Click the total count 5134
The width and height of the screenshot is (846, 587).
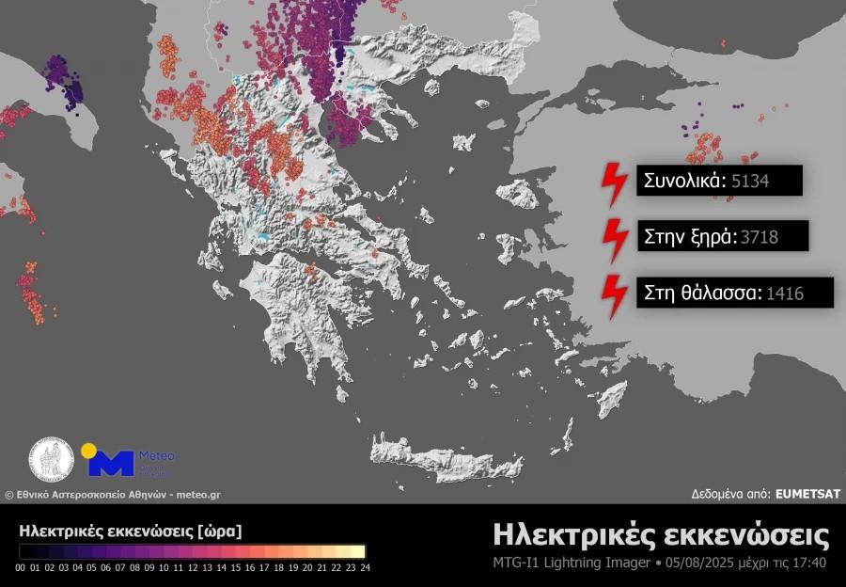click(750, 182)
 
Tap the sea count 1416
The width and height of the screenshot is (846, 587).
click(785, 293)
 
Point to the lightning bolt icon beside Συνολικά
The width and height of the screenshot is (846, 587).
click(614, 184)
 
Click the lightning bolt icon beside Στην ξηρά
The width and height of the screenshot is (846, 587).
click(614, 240)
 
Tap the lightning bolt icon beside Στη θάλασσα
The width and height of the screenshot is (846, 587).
click(614, 295)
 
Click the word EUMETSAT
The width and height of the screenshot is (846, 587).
click(808, 492)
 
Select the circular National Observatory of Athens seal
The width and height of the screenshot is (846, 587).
click(52, 460)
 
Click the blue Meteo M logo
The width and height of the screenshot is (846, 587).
click(111, 463)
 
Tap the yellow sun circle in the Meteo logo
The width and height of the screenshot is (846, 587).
click(88, 450)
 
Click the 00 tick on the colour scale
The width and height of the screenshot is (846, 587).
click(21, 567)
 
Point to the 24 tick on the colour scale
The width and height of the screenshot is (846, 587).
click(364, 567)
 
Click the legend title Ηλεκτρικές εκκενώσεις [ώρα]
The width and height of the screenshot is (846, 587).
click(131, 531)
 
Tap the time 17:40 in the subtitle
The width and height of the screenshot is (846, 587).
click(809, 563)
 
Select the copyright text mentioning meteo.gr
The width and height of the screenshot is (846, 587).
click(113, 494)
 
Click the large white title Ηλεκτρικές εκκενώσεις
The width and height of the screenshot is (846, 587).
click(661, 535)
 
